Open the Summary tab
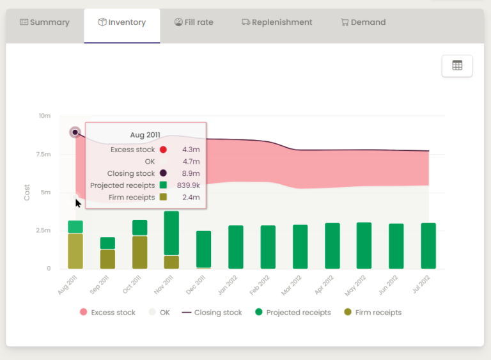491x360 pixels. click(44, 22)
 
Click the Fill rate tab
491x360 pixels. click(194, 22)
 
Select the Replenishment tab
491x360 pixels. click(277, 22)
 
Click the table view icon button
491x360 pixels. click(457, 66)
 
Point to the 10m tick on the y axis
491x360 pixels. click(44, 116)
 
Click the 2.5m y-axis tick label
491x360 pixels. click(42, 230)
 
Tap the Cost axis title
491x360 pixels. click(27, 192)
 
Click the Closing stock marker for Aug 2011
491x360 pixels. click(75, 132)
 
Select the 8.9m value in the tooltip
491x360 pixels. click(191, 173)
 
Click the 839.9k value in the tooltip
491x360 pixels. click(188, 185)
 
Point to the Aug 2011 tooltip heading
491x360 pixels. click(145, 135)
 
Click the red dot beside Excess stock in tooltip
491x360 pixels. click(163, 150)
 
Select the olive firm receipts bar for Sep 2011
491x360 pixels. click(107, 259)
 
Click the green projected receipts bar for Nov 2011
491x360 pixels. click(171, 233)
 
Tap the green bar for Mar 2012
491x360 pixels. click(300, 246)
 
